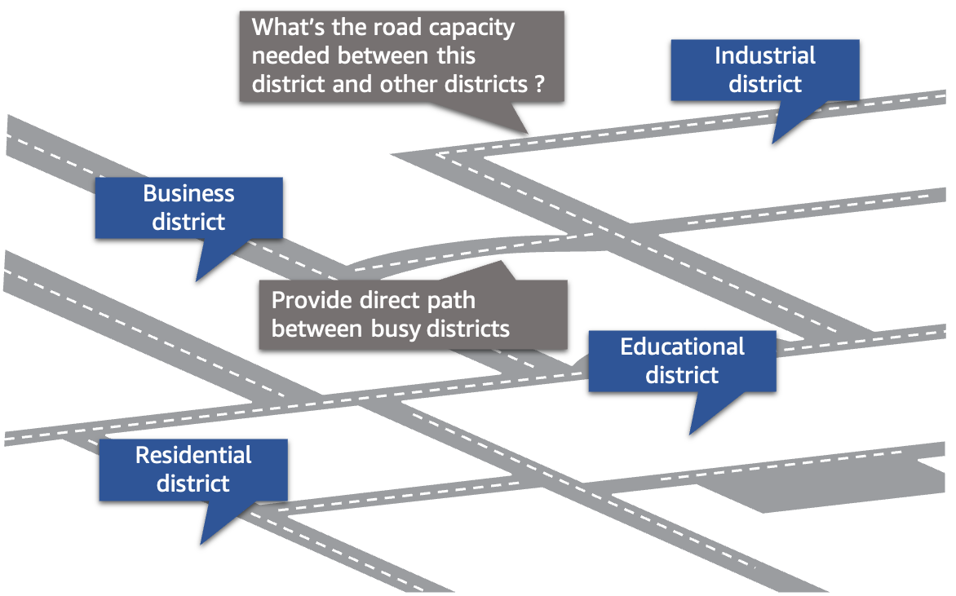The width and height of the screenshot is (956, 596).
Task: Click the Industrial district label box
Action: (x=764, y=70)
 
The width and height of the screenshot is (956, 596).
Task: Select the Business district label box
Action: (x=188, y=208)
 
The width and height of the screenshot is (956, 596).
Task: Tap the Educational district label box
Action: (x=682, y=360)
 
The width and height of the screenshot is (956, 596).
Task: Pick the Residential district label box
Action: (x=193, y=470)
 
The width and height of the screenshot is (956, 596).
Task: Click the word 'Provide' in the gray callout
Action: (x=312, y=300)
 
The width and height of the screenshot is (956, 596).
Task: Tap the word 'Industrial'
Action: (x=764, y=55)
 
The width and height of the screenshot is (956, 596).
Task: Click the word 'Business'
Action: (x=188, y=194)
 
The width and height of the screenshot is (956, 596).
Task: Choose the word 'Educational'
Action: (x=682, y=347)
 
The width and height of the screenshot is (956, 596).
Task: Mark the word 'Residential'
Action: (x=193, y=455)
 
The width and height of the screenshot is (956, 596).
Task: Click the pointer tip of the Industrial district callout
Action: (x=773, y=143)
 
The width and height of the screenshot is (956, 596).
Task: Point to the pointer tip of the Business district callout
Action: (x=197, y=280)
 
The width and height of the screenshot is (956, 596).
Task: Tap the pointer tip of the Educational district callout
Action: (x=690, y=434)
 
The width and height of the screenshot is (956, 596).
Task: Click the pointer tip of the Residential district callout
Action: (x=201, y=544)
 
